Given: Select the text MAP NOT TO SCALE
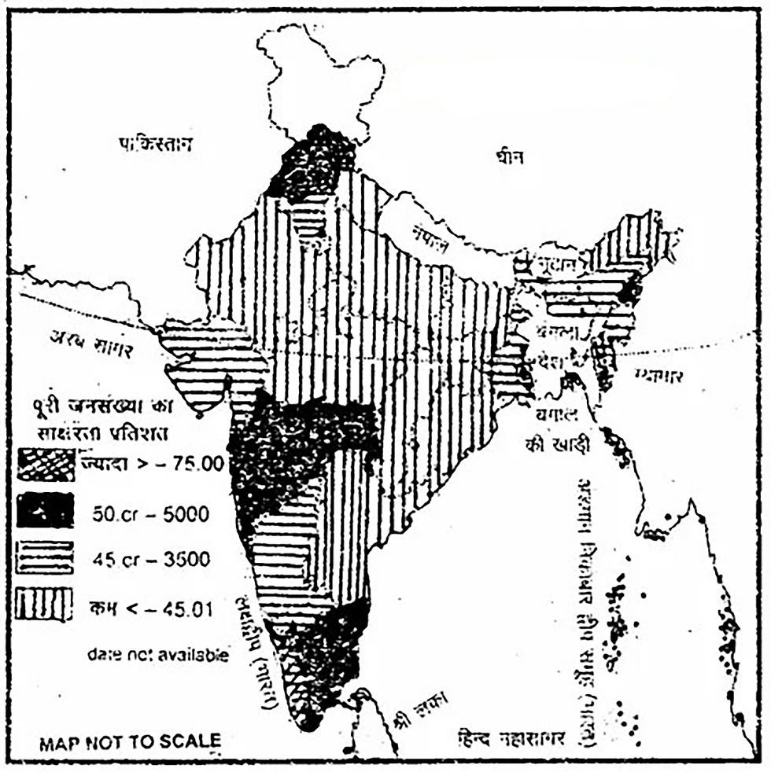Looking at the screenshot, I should tap(130, 741).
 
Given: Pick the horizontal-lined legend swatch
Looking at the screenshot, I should tap(46, 557).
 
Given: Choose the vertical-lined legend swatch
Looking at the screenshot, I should tap(46, 605).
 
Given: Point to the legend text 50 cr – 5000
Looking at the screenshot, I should tap(149, 515).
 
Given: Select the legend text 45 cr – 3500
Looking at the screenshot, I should tap(150, 560).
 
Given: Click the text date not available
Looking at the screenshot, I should tap(158, 654).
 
